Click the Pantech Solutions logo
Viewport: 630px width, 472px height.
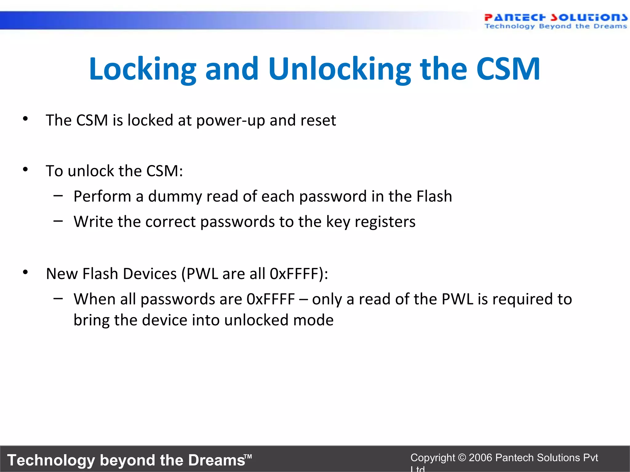[555, 21]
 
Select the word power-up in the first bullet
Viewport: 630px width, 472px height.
[230, 120]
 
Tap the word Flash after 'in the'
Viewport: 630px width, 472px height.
[434, 196]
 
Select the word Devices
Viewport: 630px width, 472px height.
[150, 274]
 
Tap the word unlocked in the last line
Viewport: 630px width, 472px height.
[256, 321]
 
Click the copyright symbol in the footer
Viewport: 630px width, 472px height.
[462, 458]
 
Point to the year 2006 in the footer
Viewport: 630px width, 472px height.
[480, 458]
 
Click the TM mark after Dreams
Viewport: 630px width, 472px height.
[248, 457]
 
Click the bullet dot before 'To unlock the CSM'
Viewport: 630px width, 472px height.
[26, 169]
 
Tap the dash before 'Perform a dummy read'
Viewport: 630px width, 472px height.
[58, 195]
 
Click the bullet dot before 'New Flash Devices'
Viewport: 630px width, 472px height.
[26, 272]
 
